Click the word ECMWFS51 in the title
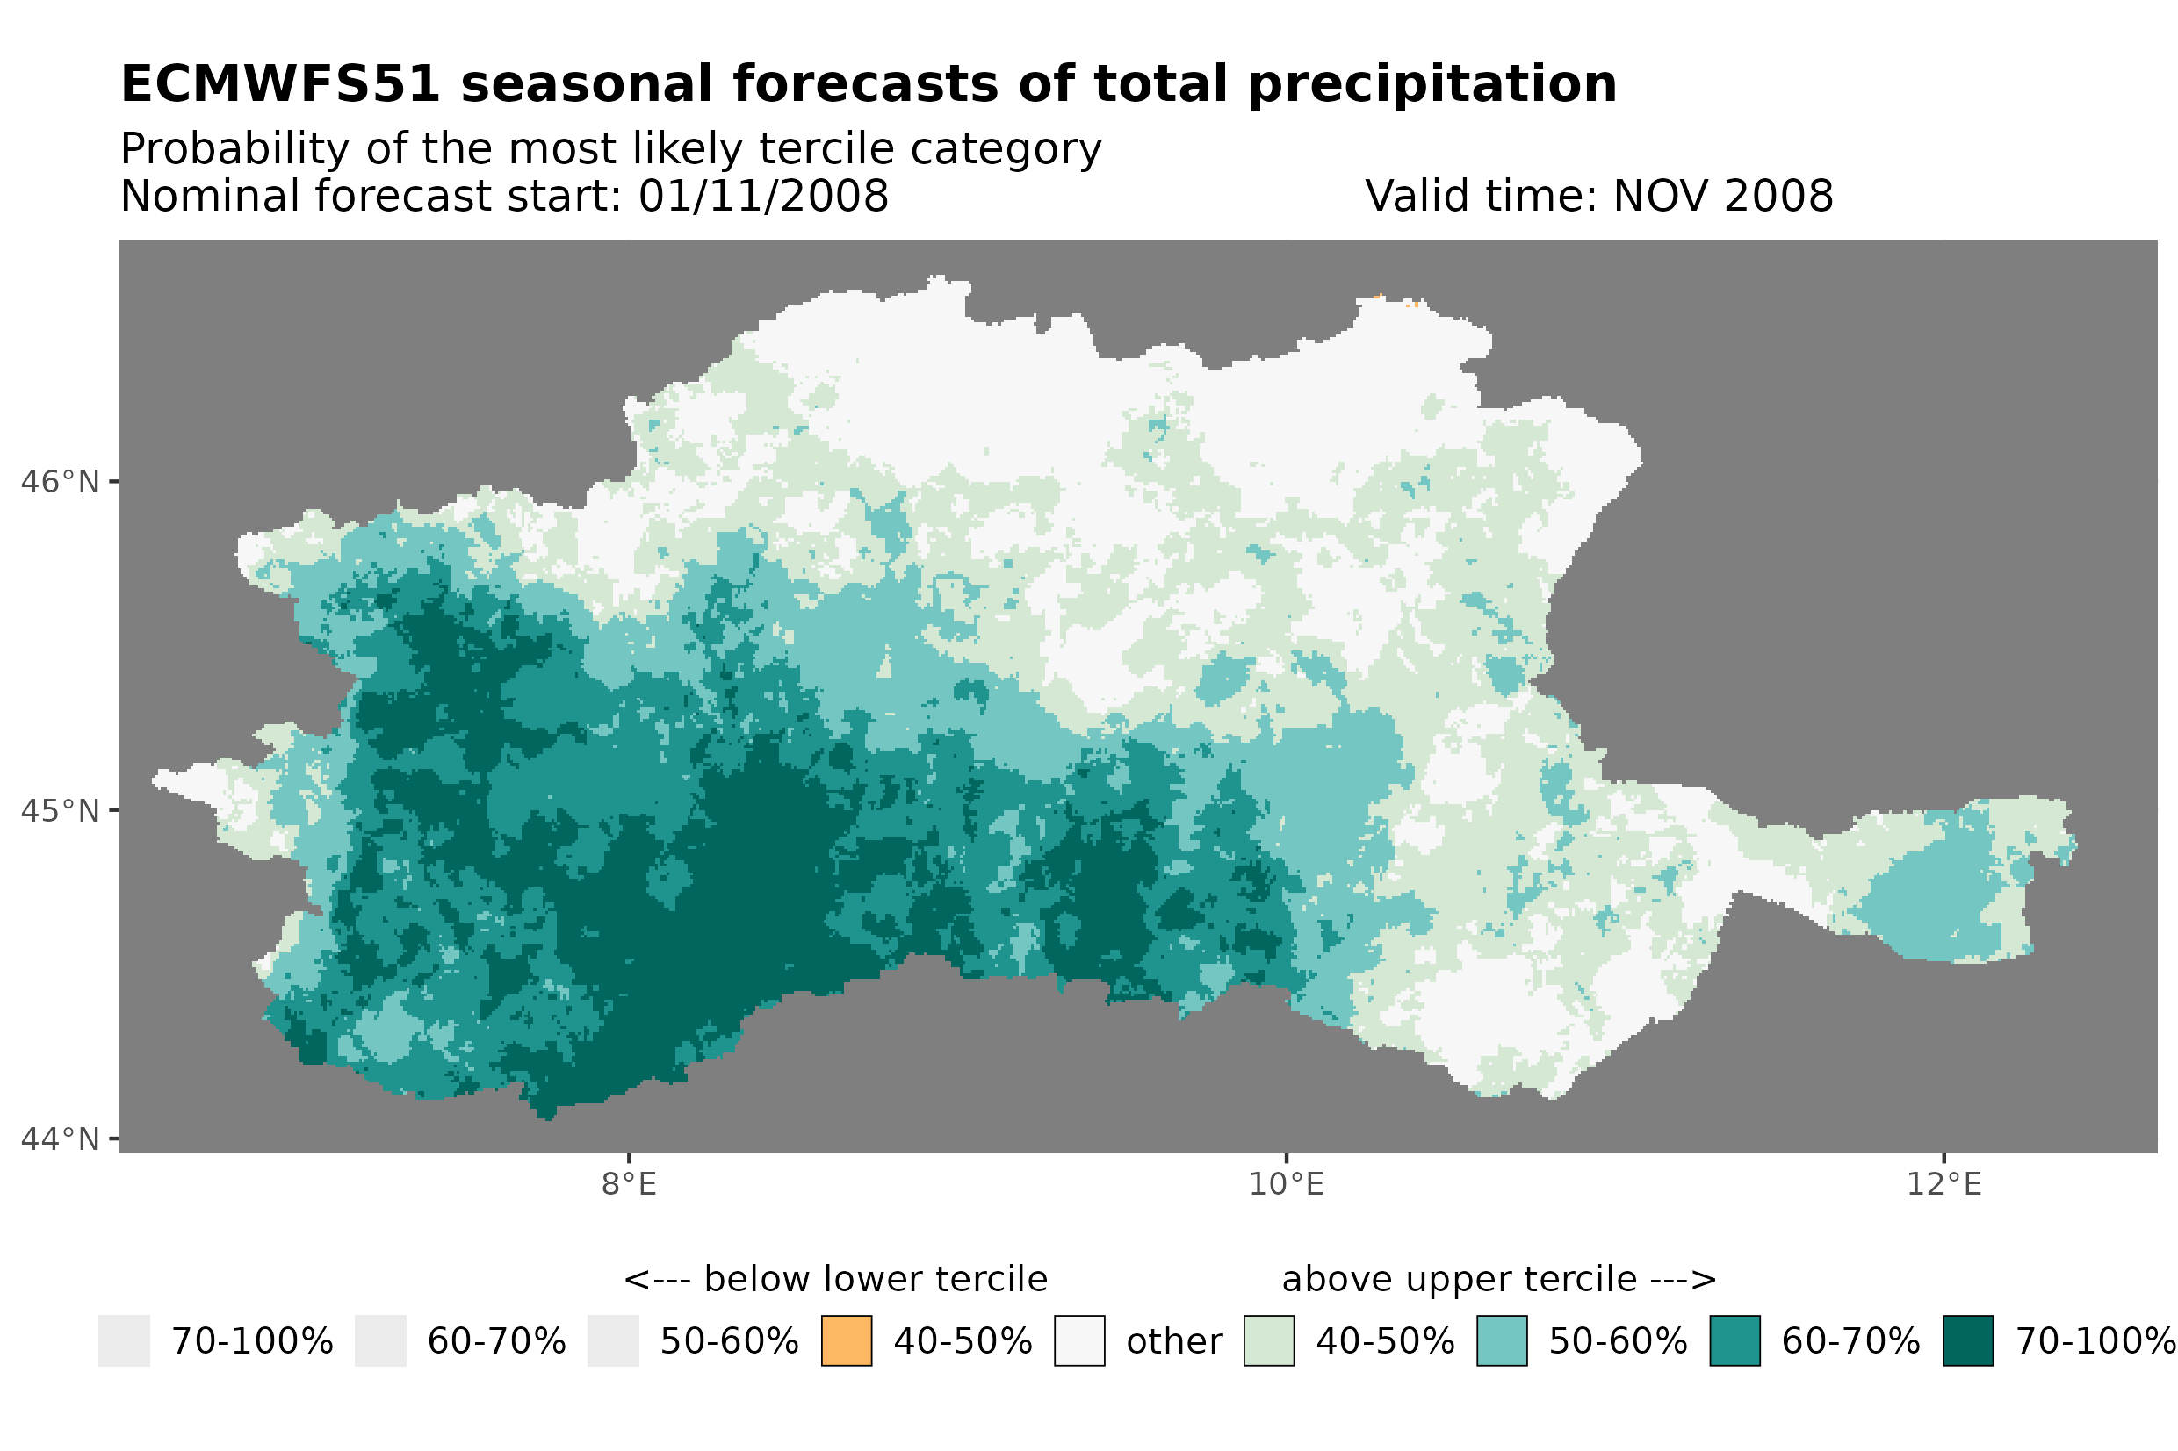pos(280,84)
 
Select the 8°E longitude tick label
pos(629,1184)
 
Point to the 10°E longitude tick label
pos(1286,1184)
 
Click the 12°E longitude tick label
pos(1943,1184)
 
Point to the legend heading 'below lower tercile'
pos(875,1280)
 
